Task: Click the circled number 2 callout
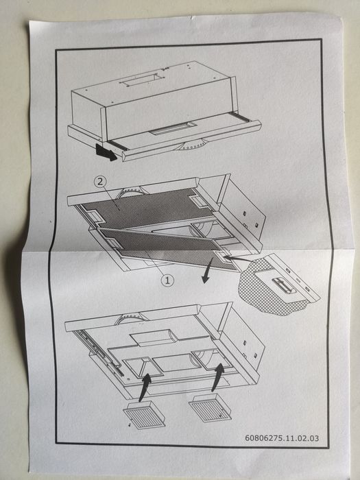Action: coord(100,182)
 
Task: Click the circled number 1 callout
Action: coord(167,280)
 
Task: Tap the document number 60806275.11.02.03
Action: coord(282,438)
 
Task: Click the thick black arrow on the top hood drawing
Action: coord(106,152)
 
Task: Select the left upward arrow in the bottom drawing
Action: coord(145,387)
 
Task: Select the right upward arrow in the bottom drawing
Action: coord(217,377)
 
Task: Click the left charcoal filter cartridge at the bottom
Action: coord(144,415)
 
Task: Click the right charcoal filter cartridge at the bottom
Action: coord(210,407)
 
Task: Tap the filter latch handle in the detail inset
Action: coord(284,285)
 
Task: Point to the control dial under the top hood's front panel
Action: coord(193,145)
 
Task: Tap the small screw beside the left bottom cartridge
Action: coord(130,425)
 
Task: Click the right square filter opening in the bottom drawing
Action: coord(212,359)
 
